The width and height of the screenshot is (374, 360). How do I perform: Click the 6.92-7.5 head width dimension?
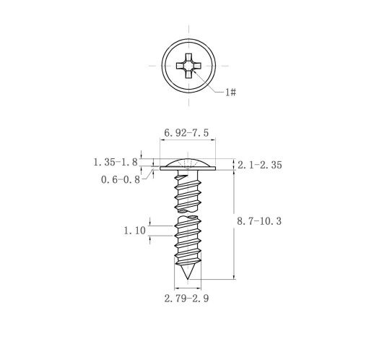pyautogui.click(x=186, y=133)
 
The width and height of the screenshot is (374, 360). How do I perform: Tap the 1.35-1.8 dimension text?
pyautogui.click(x=116, y=162)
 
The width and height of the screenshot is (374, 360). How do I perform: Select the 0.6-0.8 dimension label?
pyautogui.click(x=121, y=179)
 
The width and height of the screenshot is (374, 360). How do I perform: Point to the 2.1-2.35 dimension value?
pyautogui.click(x=260, y=165)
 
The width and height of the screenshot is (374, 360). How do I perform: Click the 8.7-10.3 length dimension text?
pyautogui.click(x=259, y=221)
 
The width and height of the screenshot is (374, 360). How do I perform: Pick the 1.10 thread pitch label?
pyautogui.click(x=134, y=231)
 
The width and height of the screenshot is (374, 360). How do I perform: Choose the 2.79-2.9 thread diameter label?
pyautogui.click(x=186, y=299)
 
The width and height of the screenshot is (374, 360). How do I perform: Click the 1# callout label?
pyautogui.click(x=230, y=92)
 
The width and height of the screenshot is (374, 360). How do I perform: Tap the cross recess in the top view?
pyautogui.click(x=188, y=66)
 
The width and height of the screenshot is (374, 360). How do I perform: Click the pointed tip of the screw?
pyautogui.click(x=188, y=279)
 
